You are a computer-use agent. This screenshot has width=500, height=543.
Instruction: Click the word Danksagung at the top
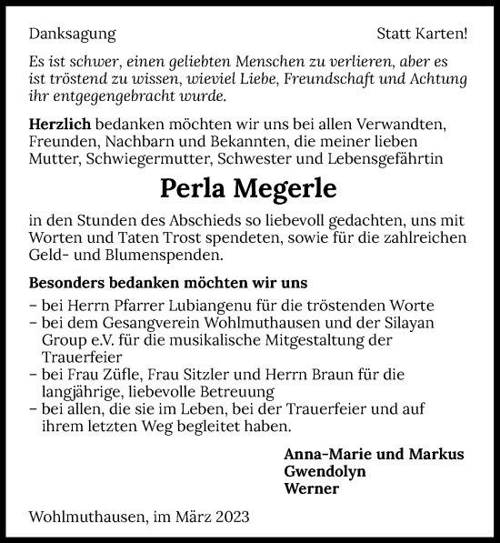(73, 35)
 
